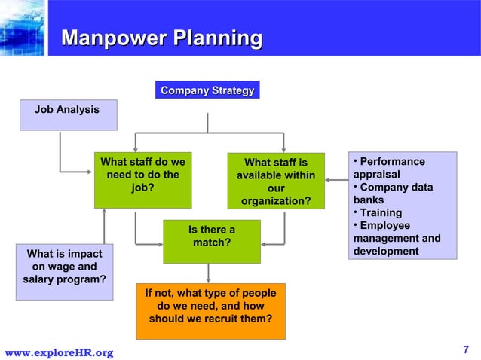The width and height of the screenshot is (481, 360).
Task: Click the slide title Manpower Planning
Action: coord(161,38)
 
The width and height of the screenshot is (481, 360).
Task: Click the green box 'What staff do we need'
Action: coord(142,180)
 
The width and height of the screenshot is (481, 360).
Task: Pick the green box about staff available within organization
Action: coord(276,181)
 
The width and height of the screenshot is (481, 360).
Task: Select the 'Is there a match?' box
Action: coord(211,240)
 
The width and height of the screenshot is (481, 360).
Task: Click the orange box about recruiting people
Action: coord(210,311)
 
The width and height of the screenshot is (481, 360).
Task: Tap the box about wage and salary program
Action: coord(64,271)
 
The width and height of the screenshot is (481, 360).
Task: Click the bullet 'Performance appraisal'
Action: coord(388,168)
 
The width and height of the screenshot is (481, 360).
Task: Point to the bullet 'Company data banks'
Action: coord(392,194)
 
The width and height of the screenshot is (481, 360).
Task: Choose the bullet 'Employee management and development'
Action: coord(397,239)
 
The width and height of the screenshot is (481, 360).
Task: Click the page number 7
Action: coord(465,349)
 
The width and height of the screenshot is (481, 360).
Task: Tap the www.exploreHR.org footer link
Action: coord(59,352)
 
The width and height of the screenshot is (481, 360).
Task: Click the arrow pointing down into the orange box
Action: coord(208,276)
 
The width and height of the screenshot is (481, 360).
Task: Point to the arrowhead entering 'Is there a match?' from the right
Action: coord(265,243)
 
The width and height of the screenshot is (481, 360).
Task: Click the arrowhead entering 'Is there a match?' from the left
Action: coord(158,243)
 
